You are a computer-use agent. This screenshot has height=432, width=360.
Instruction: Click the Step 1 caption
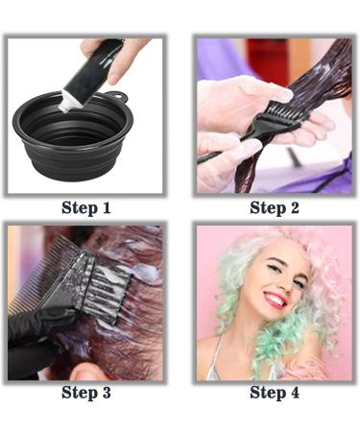(x=86, y=207)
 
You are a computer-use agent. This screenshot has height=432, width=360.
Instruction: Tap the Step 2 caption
(x=274, y=207)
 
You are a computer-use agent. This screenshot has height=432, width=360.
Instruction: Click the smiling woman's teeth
(x=276, y=300)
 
